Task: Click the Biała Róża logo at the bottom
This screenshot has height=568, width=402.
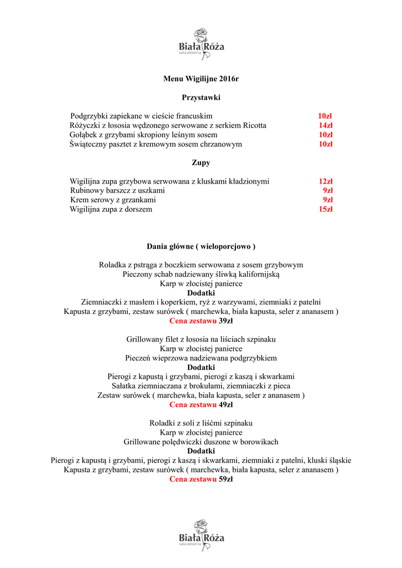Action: click(201, 535)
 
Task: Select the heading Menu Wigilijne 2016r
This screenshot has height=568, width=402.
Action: click(201, 79)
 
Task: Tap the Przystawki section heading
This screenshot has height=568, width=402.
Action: click(201, 98)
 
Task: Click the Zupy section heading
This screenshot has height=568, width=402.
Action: click(201, 163)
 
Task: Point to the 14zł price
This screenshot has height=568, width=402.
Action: click(325, 125)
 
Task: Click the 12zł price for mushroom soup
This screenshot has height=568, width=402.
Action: click(325, 181)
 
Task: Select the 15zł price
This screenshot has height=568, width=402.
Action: click(325, 209)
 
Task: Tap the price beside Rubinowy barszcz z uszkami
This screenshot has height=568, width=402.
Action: click(328, 190)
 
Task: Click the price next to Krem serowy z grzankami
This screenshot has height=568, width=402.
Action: click(328, 200)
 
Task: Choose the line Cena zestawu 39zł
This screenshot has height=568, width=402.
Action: click(201, 321)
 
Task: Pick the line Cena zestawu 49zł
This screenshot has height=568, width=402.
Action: click(201, 405)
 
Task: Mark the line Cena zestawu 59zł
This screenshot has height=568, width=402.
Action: click(201, 479)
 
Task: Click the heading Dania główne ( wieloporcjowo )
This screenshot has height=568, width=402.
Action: click(201, 246)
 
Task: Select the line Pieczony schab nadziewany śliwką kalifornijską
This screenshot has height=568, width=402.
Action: click(201, 274)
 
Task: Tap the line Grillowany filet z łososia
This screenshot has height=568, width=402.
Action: click(201, 339)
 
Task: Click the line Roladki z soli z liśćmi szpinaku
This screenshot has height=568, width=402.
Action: click(201, 423)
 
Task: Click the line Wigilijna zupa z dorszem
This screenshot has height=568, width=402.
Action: click(111, 209)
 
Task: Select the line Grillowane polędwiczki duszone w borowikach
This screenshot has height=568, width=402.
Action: click(201, 442)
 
